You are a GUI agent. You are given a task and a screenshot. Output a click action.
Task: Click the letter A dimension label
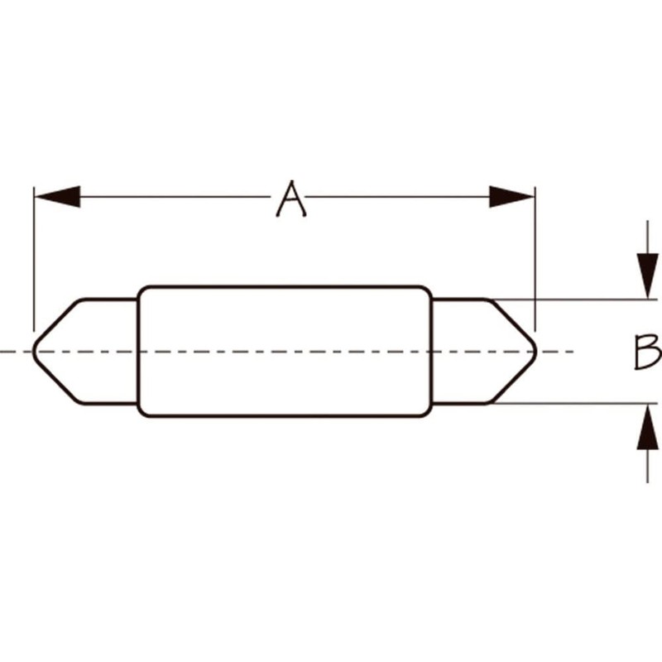click(291, 199)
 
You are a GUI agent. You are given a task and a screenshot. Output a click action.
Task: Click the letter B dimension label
click(648, 351)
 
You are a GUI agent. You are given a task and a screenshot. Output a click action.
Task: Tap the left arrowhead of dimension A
click(57, 196)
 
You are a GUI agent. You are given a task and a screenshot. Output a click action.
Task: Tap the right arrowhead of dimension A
click(511, 196)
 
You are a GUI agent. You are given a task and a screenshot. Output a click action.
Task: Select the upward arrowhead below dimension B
click(648, 426)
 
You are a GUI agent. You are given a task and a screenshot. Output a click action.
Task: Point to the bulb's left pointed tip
click(34, 351)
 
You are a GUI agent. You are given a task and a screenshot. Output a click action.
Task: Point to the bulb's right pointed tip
click(535, 351)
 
